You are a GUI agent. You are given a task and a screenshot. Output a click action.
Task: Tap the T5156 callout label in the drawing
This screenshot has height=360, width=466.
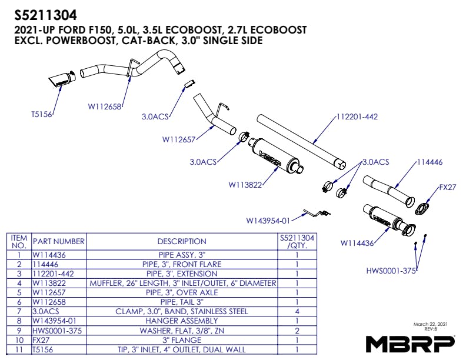coord(41,115)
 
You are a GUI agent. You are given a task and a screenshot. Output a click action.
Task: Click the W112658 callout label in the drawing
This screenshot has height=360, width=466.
coord(104,106)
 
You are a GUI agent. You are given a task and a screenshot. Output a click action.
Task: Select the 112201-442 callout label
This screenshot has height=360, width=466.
coord(356,116)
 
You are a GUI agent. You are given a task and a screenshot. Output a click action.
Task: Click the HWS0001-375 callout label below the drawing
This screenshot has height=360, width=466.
coord(391,271)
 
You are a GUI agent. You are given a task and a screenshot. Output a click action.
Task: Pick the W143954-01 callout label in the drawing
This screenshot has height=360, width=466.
coord(268,221)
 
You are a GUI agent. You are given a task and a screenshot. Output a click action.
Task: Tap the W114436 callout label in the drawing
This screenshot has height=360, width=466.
coord(357,242)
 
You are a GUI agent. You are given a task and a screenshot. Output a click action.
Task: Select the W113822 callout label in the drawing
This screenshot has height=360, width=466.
coord(245,185)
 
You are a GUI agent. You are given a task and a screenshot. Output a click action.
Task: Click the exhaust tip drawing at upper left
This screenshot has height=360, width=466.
coord(61,79)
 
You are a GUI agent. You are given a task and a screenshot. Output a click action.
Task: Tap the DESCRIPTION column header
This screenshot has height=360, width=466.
coord(182,241)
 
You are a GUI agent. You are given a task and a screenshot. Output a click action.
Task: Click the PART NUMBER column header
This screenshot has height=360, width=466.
coord(59,241)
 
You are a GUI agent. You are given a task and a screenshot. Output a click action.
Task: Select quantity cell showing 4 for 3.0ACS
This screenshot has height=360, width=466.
coord(297,311)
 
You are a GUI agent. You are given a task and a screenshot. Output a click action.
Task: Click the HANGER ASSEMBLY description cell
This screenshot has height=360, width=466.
coord(182,321)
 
